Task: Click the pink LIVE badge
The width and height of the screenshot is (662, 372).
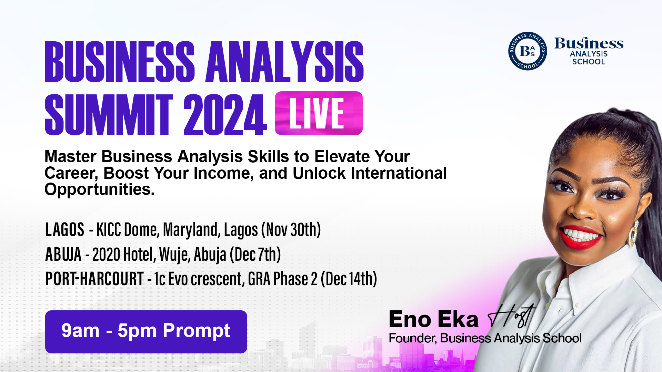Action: coord(319,113)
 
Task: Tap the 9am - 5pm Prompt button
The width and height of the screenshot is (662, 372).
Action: coord(146,332)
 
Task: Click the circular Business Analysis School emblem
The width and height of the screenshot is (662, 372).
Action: coord(527,51)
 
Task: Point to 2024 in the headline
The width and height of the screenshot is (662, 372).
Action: coord(225,115)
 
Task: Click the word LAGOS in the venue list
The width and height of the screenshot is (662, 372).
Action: coord(65,229)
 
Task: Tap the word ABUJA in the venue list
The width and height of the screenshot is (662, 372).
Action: coord(63,254)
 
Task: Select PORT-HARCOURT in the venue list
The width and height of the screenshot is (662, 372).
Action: coord(94,279)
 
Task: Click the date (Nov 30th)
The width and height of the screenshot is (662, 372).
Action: coord(291,230)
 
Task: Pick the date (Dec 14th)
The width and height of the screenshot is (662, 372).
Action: coord(349,279)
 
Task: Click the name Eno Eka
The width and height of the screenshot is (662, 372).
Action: coord(433,319)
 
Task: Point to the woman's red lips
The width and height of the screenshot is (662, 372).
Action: coord(581,237)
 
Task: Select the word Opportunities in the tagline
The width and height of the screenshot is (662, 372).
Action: coord(99,189)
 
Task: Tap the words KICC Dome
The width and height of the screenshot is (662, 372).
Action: coord(128,230)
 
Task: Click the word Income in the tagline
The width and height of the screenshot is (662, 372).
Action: coord(223,173)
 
